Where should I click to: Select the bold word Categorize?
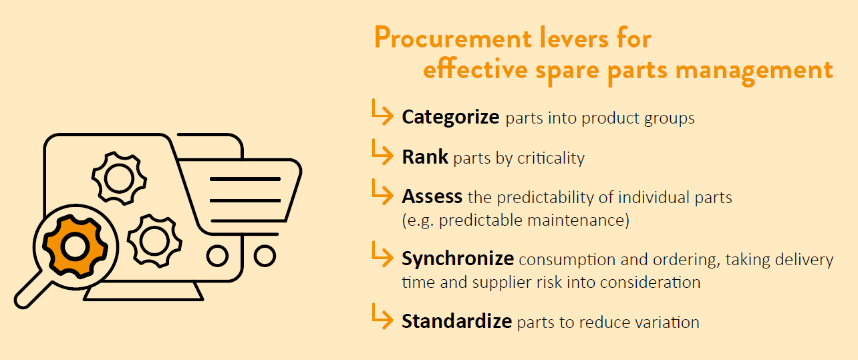coord(450,117)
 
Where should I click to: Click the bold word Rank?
coord(425,157)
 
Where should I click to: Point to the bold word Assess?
coord(432,196)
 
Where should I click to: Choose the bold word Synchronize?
coord(458,258)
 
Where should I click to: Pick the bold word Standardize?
coord(456,321)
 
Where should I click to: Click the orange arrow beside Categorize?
coord(382,112)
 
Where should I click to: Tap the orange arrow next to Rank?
coord(382,152)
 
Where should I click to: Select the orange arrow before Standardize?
coord(382,317)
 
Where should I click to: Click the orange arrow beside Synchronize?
coord(382,254)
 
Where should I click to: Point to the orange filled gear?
coord(75,246)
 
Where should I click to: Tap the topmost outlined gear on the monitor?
coord(119,178)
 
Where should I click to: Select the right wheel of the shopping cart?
coord(265,256)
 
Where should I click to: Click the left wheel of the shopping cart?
coord(217,256)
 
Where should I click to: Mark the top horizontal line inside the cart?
coord(245,179)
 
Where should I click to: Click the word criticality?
coord(551,158)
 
